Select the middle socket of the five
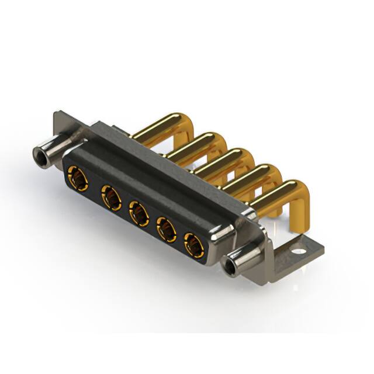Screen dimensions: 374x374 pos(138,214)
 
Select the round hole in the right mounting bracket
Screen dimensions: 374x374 pos(299,254)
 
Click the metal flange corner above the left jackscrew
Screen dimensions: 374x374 pos(63,122)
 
